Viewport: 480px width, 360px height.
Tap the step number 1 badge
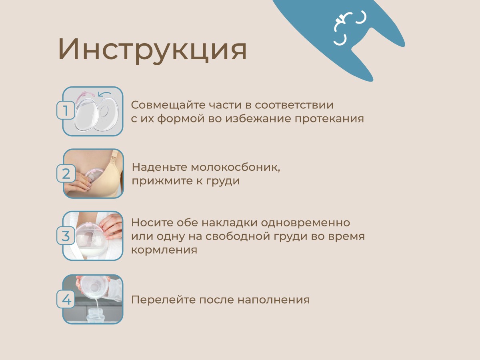(x=66, y=110)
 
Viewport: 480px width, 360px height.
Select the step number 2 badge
(x=66, y=174)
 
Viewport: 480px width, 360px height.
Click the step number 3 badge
(x=66, y=236)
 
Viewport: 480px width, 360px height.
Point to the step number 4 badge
(x=66, y=299)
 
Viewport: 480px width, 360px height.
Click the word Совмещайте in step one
(x=168, y=106)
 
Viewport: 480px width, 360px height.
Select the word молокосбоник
(x=235, y=168)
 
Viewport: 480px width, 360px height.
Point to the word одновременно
(x=306, y=223)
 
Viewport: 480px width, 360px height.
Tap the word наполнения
(x=274, y=300)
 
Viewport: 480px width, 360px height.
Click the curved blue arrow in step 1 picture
(x=104, y=94)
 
